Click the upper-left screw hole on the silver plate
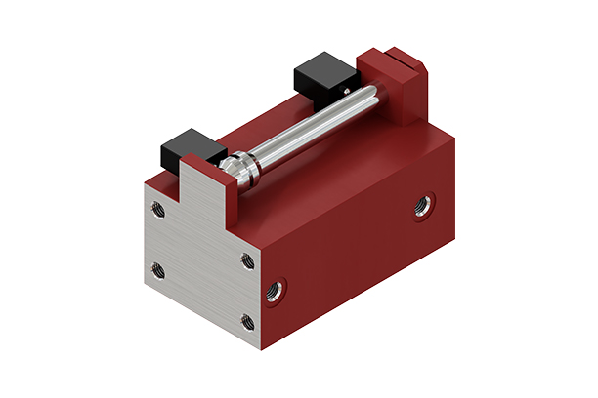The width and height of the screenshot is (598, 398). click(156, 207)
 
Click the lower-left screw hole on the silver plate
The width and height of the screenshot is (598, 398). click(158, 270)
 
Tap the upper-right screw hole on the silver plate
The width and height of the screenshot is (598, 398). click(248, 260)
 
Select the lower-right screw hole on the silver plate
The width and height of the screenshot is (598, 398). click(248, 321)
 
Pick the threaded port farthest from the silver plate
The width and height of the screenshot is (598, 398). click(422, 206)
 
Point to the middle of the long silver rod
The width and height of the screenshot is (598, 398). click(308, 126)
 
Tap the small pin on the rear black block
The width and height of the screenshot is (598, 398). click(343, 90)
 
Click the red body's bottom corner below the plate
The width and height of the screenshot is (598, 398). click(261, 345)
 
